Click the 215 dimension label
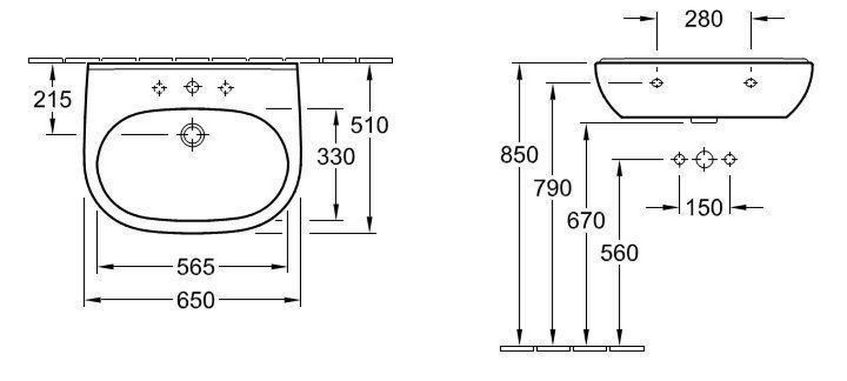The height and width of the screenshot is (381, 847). (x=52, y=100)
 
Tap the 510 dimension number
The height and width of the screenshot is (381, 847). (x=369, y=125)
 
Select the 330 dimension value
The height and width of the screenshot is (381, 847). (x=336, y=157)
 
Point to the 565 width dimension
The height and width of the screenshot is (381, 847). (x=195, y=267)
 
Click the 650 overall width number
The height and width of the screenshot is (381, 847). (x=195, y=301)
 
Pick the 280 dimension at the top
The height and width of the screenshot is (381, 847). (x=704, y=19)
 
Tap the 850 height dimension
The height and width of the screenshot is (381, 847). (x=519, y=155)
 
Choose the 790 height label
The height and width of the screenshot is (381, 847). (x=552, y=188)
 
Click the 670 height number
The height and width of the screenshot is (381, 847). (x=586, y=221)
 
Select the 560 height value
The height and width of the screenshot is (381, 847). (x=619, y=253)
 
